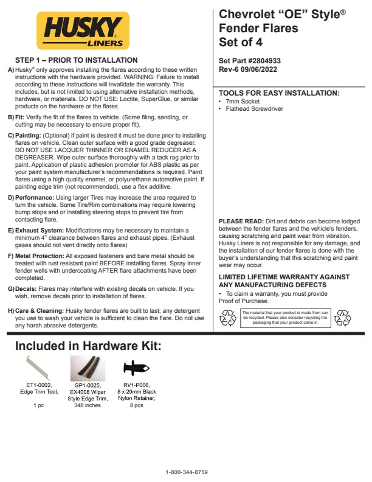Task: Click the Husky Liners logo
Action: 83,30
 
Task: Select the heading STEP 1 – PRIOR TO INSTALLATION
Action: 76,60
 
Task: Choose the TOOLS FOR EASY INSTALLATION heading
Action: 279,93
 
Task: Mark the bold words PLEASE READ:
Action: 241,221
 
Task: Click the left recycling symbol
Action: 227,317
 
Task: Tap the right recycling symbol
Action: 343,317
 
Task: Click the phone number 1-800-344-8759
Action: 187,472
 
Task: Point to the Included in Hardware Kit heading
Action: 88,346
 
